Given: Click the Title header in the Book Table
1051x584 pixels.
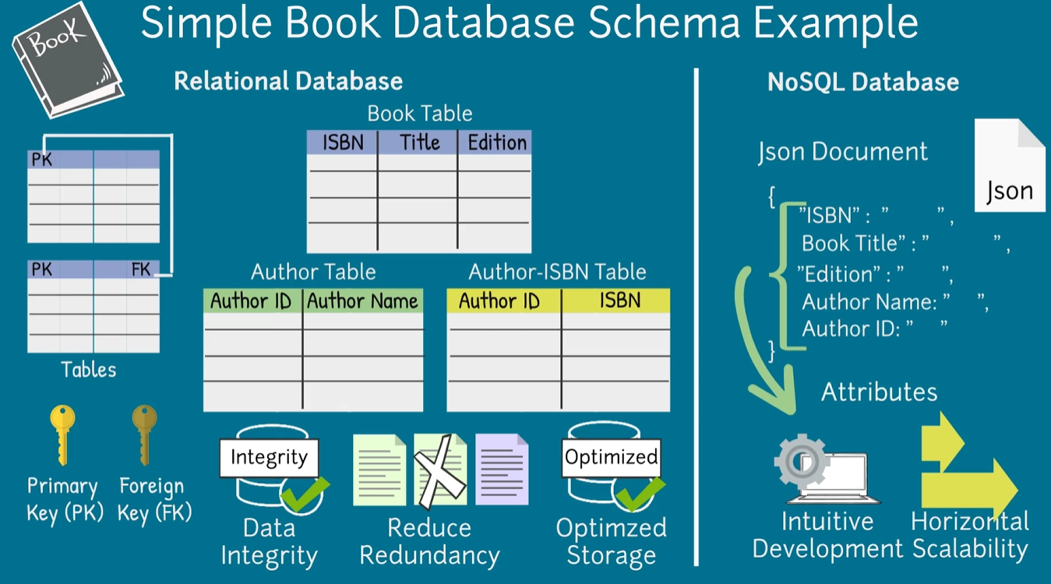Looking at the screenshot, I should tap(419, 142).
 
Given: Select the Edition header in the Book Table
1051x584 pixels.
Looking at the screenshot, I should tap(496, 142).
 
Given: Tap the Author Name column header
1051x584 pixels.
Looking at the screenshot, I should tap(362, 301).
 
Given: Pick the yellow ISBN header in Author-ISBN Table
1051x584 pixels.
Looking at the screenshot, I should tap(619, 301).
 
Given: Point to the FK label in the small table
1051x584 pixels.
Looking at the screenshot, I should tap(141, 269).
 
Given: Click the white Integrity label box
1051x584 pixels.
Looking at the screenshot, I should tap(269, 456).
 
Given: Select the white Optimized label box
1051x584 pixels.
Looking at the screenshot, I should tap(611, 456).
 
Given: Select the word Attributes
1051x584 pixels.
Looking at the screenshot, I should tap(879, 391).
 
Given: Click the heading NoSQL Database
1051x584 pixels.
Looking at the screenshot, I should tap(862, 83).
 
